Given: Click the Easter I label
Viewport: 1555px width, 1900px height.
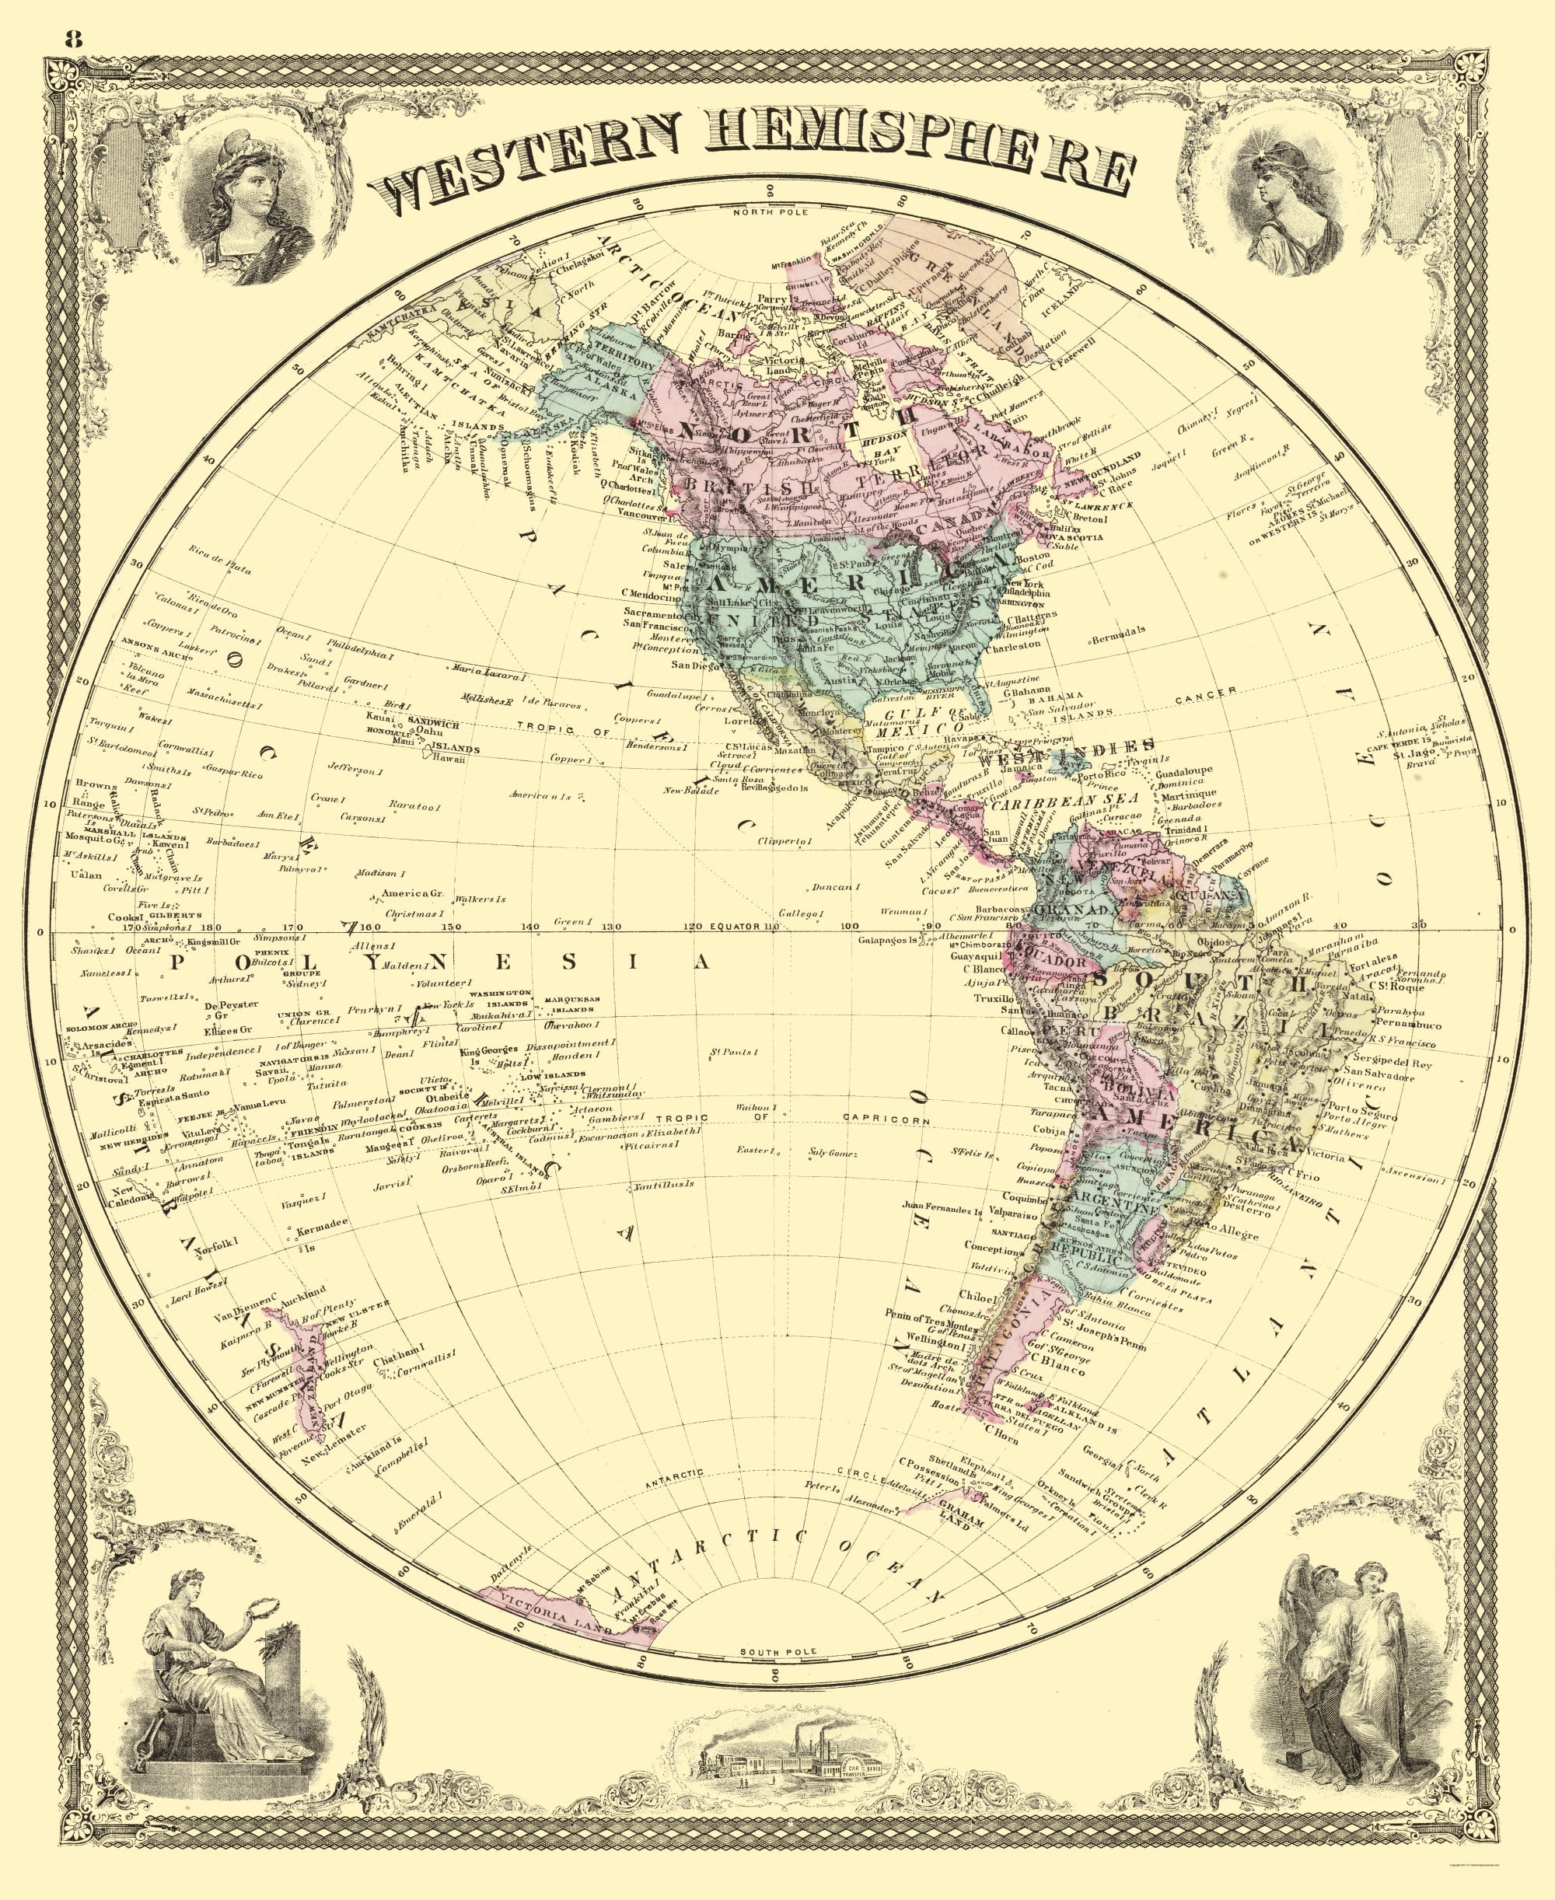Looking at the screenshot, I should pos(754,1150).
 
